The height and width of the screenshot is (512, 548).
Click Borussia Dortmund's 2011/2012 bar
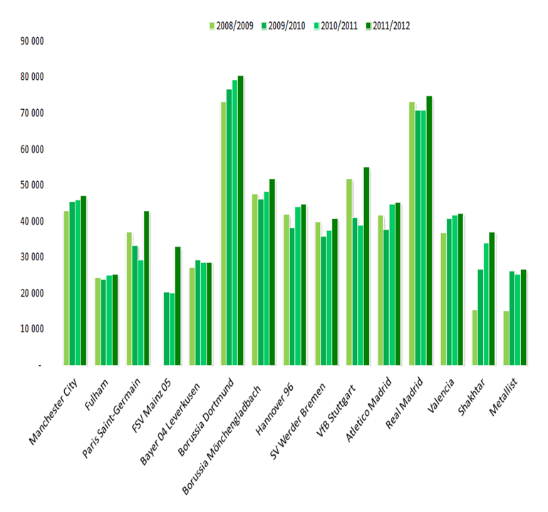241,220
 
